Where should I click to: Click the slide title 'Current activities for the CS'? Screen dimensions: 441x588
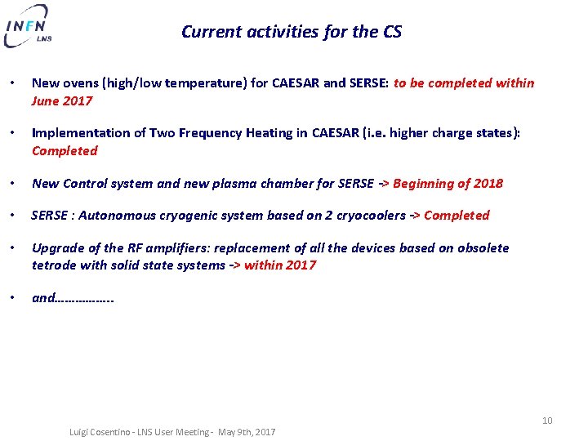point(292,32)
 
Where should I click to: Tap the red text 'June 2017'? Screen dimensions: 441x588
point(62,101)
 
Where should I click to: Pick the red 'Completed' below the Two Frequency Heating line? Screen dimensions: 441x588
point(65,151)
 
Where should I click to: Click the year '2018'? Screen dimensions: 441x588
point(488,184)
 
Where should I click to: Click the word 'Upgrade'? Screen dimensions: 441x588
point(55,248)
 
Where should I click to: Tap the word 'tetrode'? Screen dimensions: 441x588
point(52,265)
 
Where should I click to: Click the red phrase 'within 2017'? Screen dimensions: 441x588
point(279,265)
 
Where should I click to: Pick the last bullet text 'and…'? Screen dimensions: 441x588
point(73,298)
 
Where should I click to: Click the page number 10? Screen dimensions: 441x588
point(547,421)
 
